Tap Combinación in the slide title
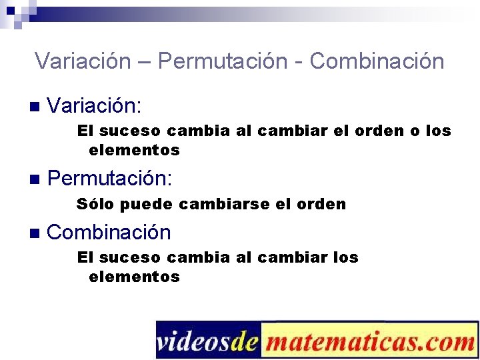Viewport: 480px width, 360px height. point(377,61)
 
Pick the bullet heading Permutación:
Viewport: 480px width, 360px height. point(110,178)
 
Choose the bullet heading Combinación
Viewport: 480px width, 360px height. point(109,232)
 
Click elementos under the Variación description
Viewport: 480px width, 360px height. point(134,150)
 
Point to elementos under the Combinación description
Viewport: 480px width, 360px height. point(134,277)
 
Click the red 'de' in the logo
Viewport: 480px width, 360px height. point(247,341)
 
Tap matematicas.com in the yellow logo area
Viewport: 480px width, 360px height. point(369,341)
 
